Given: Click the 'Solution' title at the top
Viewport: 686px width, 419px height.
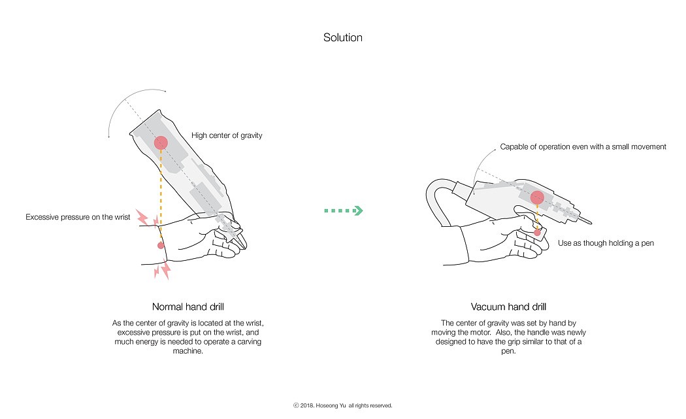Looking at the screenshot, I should tap(342, 37).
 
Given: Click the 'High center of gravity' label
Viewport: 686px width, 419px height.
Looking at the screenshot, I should tap(227, 136).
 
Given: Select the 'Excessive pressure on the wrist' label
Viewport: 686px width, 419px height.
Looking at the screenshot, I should tap(78, 216).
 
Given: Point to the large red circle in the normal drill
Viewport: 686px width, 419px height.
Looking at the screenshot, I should tap(161, 143).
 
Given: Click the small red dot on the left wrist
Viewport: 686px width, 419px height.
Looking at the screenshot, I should tap(161, 245).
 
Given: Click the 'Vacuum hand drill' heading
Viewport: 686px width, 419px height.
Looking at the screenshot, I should tap(508, 307).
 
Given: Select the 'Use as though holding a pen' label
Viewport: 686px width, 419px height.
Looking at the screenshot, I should tap(606, 243).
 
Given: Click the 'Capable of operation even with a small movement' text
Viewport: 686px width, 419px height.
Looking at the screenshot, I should tap(583, 147).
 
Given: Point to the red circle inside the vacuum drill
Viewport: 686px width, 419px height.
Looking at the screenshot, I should tap(537, 197).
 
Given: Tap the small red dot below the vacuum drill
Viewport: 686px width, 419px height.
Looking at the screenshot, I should tap(537, 232).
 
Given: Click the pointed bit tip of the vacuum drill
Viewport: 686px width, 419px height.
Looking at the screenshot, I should tap(590, 220).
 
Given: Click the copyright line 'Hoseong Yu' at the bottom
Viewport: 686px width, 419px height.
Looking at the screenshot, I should tap(342, 405).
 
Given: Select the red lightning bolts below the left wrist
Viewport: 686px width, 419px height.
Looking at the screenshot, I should tap(161, 269).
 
